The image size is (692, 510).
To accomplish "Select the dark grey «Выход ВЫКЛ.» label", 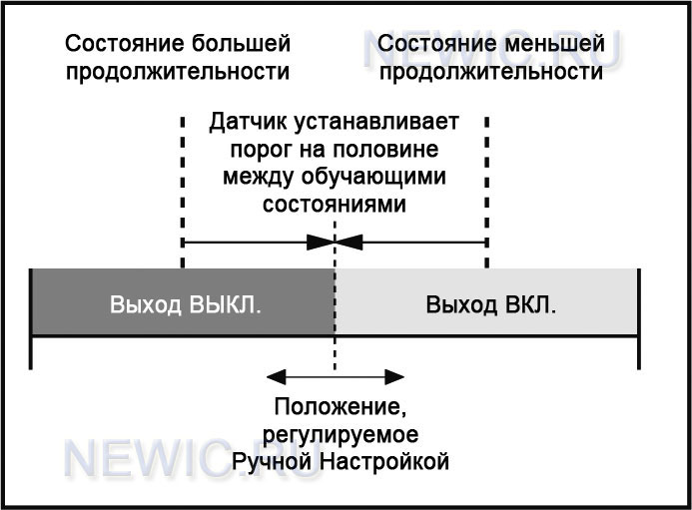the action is [186, 304].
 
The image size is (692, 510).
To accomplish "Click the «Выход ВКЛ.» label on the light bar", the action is [490, 304].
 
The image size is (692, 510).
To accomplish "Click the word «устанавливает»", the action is [376, 122].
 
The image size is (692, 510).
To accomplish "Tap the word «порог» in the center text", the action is [262, 150].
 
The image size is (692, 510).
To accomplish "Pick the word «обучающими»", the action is [373, 177].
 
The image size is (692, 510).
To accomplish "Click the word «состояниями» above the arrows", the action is [335, 205].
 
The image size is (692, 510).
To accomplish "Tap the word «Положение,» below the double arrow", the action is [341, 406].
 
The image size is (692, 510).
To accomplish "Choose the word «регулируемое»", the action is [341, 435].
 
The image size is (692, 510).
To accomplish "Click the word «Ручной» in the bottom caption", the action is [273, 462].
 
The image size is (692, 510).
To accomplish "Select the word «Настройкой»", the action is [384, 462].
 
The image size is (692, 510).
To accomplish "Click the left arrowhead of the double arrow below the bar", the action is [277, 377].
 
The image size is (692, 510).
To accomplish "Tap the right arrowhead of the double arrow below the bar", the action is [394, 377].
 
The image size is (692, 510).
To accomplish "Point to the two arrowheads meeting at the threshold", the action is [335, 242].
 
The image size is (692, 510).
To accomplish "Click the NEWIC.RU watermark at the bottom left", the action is [192, 458].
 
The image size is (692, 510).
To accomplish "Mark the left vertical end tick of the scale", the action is [30, 318].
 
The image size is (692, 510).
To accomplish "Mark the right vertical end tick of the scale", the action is [639, 318].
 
